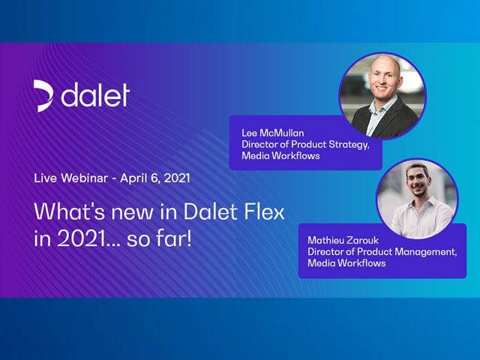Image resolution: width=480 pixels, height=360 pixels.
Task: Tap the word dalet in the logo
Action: point(95,95)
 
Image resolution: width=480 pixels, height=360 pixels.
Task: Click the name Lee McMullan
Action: point(273,133)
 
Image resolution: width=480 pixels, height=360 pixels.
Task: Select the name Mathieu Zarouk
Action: point(343,240)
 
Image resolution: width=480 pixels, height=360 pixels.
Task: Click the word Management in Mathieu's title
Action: point(421,252)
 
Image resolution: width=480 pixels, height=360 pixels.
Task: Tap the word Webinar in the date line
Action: point(85,178)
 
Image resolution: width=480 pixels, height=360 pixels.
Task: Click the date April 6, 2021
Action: point(155,178)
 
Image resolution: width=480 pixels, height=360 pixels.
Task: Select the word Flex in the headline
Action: point(264,211)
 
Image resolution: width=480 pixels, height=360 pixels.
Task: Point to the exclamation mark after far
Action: point(189,238)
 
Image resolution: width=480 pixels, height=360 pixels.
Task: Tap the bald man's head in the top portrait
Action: point(384,74)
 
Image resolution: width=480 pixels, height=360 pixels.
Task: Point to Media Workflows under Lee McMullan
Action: point(280,156)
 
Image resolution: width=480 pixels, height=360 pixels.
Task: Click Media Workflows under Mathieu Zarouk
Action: point(346,263)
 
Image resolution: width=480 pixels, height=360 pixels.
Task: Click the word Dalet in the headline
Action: point(211,211)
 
